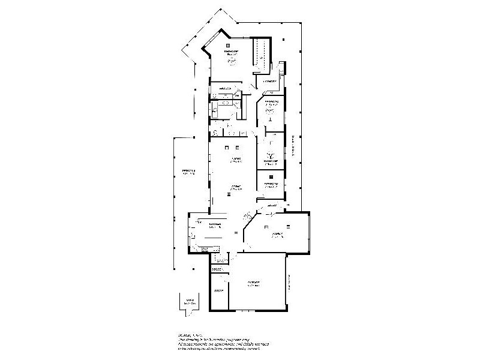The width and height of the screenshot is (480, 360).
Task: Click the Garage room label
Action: tap(254, 283)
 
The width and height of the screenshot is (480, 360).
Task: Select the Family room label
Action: tap(277, 236)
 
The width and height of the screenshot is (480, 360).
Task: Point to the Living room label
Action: tap(235, 160)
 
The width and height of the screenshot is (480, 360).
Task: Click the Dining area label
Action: tap(235, 188)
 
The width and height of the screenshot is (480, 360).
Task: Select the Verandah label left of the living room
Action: tap(190, 173)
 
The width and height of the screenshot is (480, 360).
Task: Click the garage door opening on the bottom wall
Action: tap(243, 311)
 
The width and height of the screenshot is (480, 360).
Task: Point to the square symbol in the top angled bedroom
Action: tap(228, 45)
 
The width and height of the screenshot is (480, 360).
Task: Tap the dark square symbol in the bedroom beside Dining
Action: tap(271, 176)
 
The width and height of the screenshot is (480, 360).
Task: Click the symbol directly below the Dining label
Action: tap(230, 194)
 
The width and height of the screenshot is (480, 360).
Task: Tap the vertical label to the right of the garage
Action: tap(289, 283)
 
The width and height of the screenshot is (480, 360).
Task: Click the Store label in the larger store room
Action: tap(220, 291)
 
